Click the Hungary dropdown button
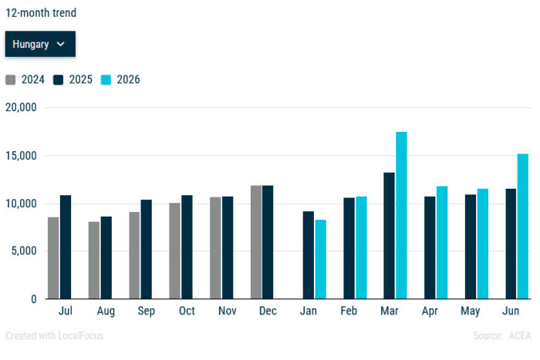[40, 44]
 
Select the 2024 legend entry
[25, 79]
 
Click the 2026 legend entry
[120, 79]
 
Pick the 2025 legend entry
[73, 79]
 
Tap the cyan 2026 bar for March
[401, 215]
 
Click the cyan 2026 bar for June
[523, 226]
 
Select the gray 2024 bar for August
[93, 261]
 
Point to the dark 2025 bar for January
[309, 255]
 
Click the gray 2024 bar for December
[256, 242]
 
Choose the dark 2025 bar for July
[66, 247]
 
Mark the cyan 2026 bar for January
[321, 259]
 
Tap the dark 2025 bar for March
[389, 236]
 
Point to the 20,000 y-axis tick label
[21, 107]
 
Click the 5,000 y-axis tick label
[24, 251]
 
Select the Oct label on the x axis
[187, 311]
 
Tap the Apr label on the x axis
[430, 311]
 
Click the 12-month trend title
[41, 13]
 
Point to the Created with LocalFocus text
[55, 335]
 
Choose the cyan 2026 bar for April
[442, 243]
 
